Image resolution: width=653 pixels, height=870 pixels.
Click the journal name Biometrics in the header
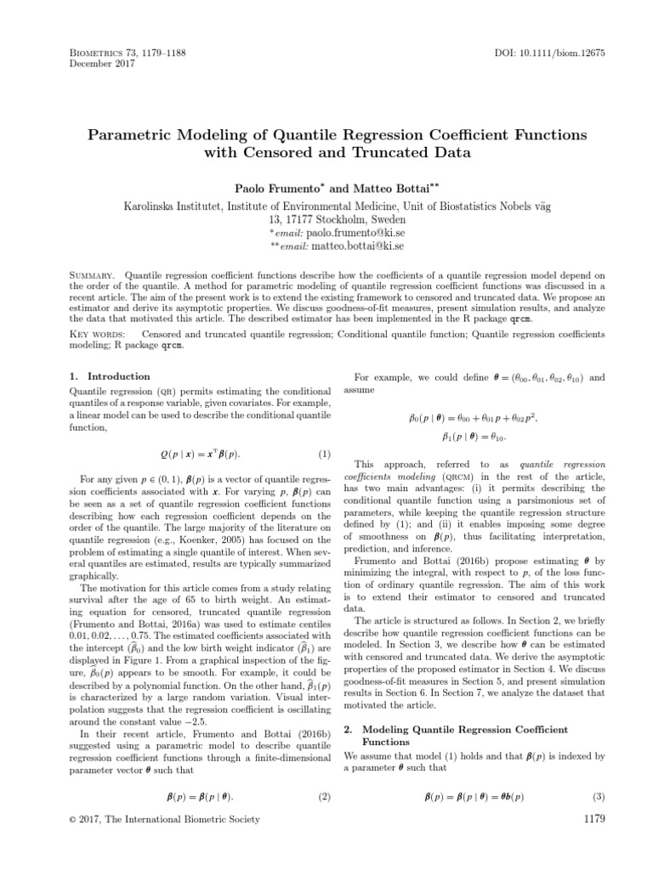pos(99,53)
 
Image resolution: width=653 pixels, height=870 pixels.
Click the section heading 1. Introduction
pos(107,376)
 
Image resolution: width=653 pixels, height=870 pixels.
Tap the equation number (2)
pos(323,797)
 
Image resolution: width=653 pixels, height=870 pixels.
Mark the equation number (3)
pos(597,797)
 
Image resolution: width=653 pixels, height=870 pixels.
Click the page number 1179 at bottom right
pos(589,819)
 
